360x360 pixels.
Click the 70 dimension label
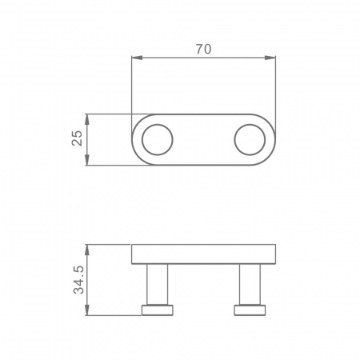203,49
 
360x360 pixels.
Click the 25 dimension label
78,138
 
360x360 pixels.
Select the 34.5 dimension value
78,280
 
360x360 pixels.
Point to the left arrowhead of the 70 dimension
137,58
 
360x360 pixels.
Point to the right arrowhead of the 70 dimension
270,58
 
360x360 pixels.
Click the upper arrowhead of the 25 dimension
87,119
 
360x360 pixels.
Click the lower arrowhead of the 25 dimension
87,159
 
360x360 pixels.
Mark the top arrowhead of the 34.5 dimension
87,250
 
